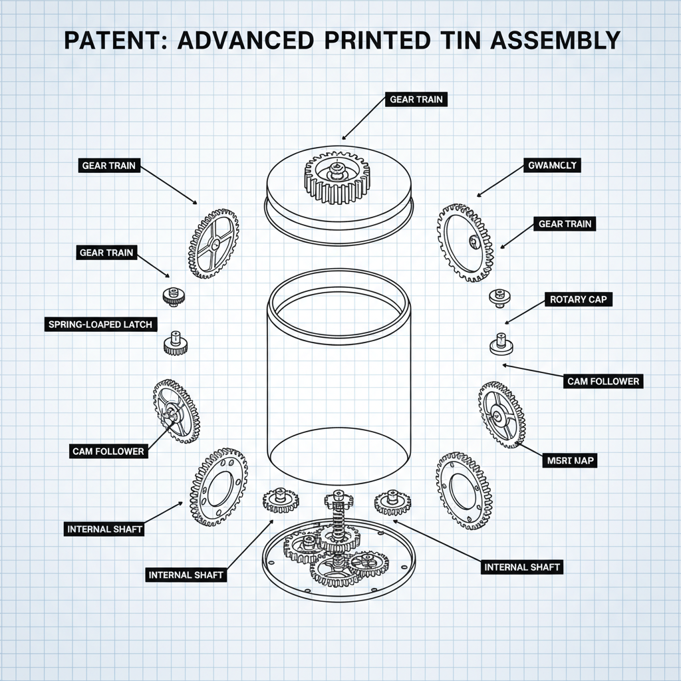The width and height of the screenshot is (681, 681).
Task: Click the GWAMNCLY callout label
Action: [x=551, y=164]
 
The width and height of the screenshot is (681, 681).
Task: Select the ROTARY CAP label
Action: [x=577, y=299]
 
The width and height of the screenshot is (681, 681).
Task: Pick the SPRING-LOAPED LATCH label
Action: [x=100, y=325]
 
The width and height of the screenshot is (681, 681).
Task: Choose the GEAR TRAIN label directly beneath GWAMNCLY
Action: [x=564, y=224]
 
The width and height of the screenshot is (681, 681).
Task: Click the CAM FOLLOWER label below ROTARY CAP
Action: [x=603, y=381]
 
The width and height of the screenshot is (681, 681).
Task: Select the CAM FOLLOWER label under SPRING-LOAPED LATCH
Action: [x=108, y=451]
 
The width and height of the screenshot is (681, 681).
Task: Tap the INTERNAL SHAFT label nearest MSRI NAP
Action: [x=522, y=567]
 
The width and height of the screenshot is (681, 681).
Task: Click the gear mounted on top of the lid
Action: [x=339, y=176]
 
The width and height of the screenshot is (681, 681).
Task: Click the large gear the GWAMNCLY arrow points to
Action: [x=466, y=242]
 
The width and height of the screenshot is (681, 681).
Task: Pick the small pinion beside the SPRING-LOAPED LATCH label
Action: [x=174, y=342]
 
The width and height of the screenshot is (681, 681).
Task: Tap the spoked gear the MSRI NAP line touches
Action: [x=501, y=415]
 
